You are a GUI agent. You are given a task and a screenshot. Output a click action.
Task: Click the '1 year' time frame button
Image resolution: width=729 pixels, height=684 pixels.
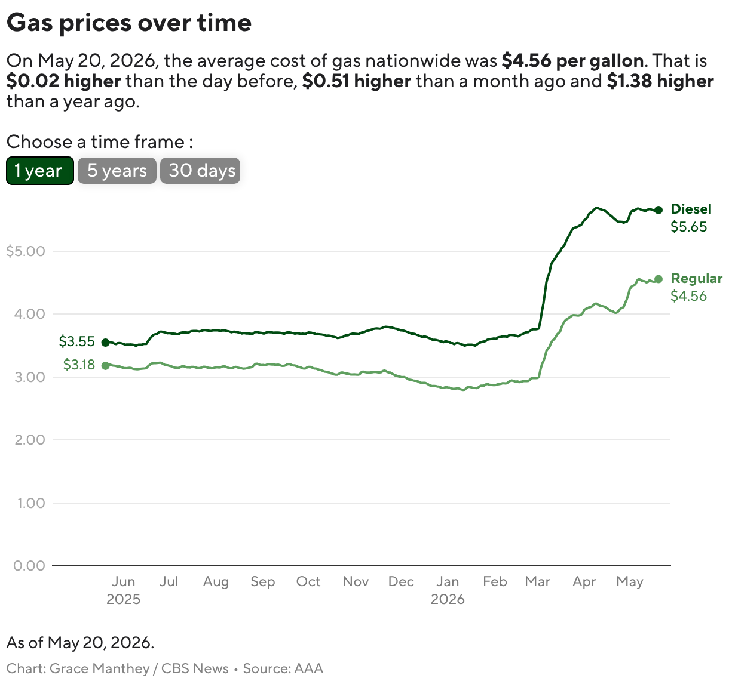point(39,171)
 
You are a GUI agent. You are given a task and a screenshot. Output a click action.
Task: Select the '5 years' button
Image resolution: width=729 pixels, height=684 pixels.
point(117,171)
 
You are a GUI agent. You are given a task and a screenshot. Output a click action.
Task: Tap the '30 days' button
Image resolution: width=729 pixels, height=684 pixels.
point(200,171)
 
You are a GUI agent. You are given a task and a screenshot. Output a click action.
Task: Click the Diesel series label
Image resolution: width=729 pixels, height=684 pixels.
point(691,209)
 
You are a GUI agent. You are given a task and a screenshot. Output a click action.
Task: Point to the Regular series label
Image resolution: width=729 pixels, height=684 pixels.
point(696,278)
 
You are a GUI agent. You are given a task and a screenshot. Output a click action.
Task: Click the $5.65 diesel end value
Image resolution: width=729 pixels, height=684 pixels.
point(688,227)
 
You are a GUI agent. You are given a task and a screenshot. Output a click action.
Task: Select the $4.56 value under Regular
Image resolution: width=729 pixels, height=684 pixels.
point(688,296)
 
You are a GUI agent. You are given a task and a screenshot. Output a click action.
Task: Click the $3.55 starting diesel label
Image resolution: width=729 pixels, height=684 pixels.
point(77,341)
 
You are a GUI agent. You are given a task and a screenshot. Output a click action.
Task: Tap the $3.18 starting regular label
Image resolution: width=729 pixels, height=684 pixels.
point(79,365)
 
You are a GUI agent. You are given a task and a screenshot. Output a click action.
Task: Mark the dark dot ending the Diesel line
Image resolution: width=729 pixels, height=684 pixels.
point(658,209)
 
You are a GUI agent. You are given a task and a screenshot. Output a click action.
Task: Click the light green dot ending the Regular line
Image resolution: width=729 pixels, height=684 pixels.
point(658,279)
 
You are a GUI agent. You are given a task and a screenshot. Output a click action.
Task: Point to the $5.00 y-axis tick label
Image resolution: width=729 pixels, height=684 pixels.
point(26,251)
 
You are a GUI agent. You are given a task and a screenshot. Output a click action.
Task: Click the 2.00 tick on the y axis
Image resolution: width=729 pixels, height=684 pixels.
point(30,439)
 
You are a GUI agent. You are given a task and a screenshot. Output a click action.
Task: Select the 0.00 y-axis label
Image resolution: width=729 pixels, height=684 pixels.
point(29,566)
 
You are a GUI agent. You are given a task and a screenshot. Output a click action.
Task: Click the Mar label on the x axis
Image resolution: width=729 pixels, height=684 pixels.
point(537,581)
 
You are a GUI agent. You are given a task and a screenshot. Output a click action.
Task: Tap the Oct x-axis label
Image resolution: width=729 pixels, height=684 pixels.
point(308,581)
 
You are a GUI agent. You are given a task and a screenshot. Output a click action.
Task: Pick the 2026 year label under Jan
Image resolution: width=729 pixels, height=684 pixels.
point(448,599)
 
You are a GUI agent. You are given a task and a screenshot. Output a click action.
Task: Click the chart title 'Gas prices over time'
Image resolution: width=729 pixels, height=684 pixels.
point(129,23)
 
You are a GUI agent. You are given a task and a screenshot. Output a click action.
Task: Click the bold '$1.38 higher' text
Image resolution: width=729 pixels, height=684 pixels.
point(660,81)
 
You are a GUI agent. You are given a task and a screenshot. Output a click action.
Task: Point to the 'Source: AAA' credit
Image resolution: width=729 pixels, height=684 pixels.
point(283,668)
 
